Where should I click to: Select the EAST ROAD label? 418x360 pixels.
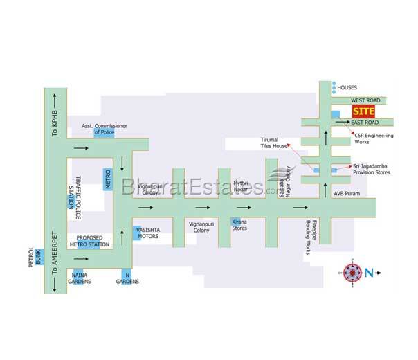coord(364,123)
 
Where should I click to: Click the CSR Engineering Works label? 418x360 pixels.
coord(373,138)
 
